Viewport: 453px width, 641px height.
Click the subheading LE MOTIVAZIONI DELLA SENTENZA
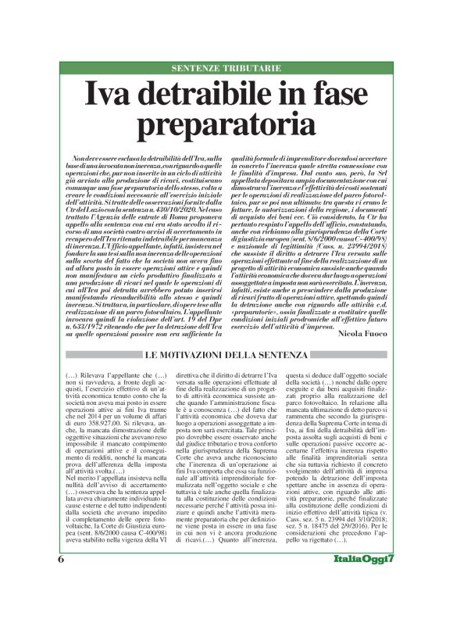[x=226, y=335]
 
